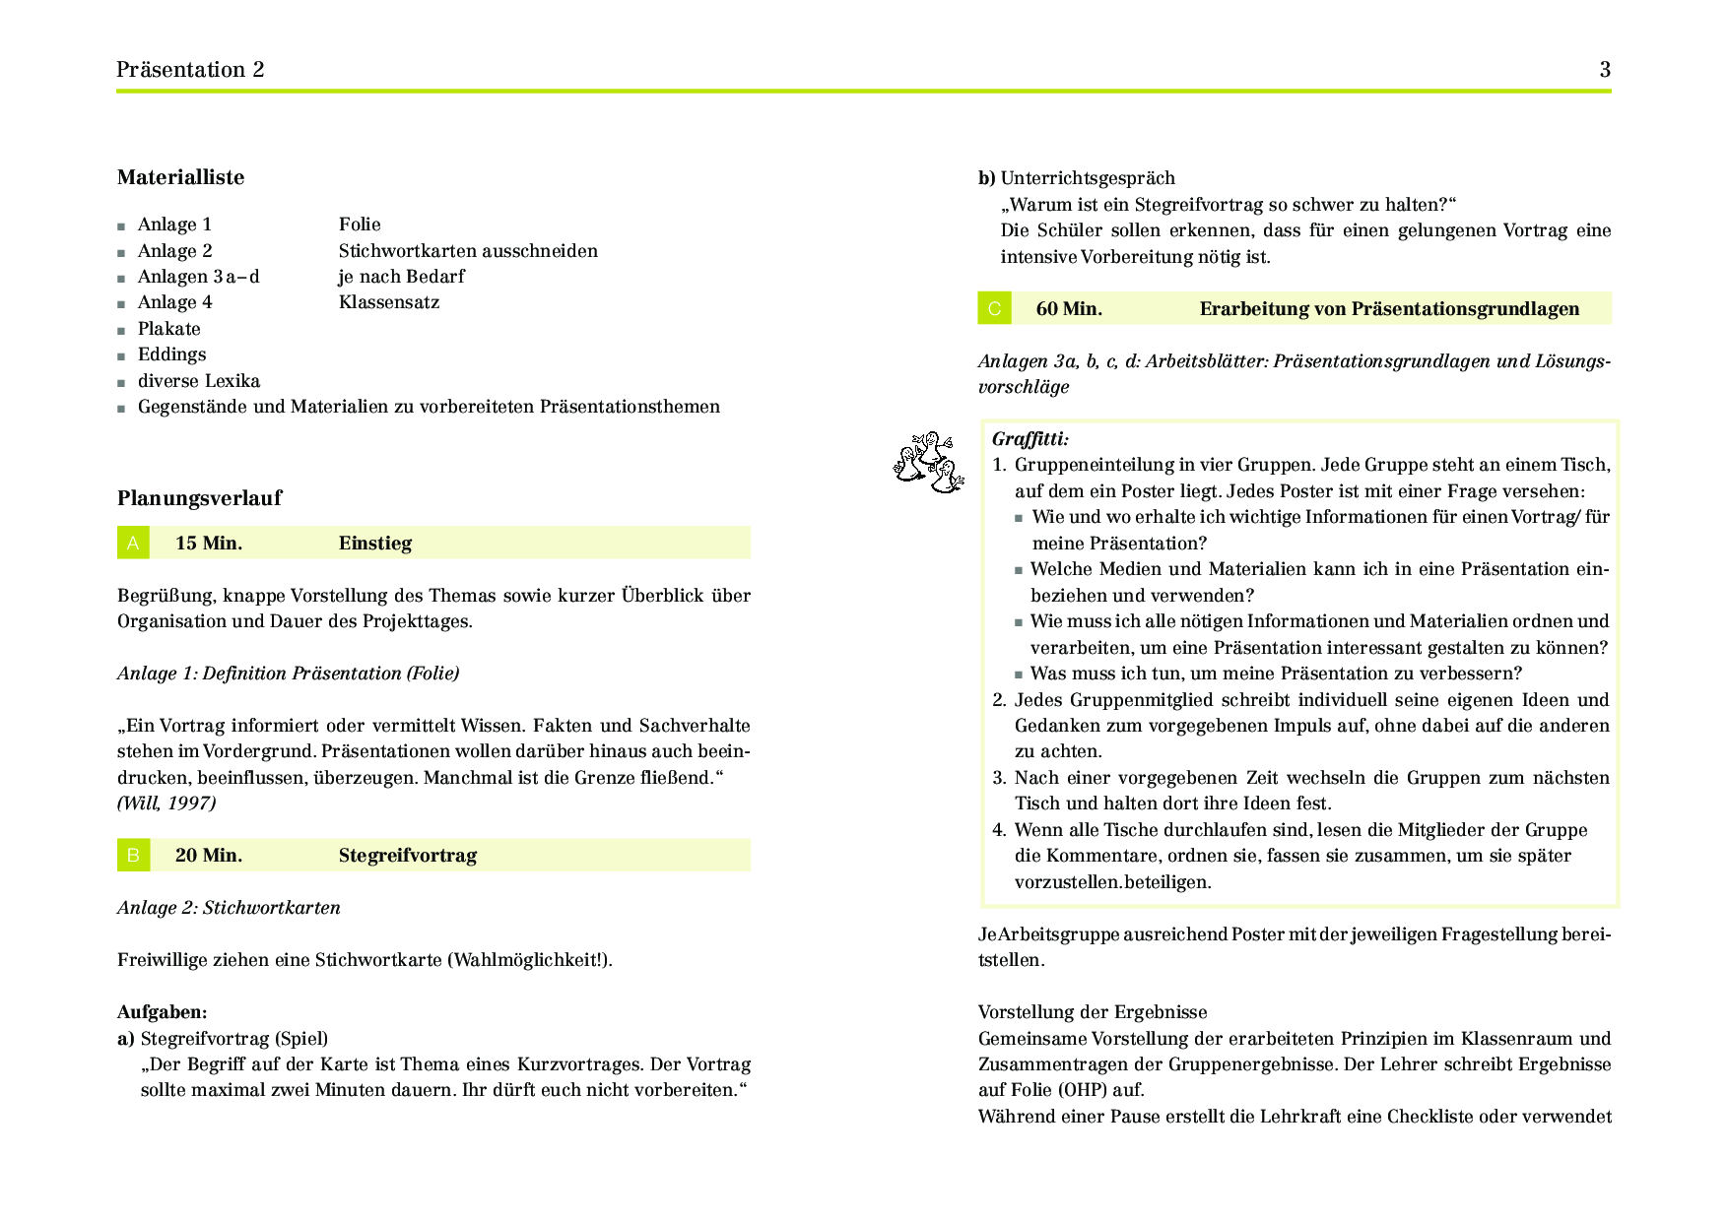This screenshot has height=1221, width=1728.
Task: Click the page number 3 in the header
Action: pyautogui.click(x=1605, y=70)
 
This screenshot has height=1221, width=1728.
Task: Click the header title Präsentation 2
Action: pyautogui.click(x=190, y=70)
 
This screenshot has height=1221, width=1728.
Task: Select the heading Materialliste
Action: pyautogui.click(x=180, y=177)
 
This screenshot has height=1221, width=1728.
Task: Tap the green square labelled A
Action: pyautogui.click(x=133, y=543)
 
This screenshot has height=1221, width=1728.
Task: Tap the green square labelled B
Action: pyautogui.click(x=133, y=855)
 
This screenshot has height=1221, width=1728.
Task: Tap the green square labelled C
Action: pyautogui.click(x=994, y=308)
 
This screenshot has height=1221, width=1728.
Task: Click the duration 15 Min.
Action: pyautogui.click(x=209, y=544)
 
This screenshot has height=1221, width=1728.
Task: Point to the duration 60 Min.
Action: pyautogui.click(x=1069, y=309)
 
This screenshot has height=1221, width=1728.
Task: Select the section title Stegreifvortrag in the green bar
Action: pyautogui.click(x=407, y=856)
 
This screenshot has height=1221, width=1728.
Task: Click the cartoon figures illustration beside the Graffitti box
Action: pyautogui.click(x=928, y=462)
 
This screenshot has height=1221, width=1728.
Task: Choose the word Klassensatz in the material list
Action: pyautogui.click(x=389, y=302)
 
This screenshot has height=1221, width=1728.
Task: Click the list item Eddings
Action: pyautogui.click(x=171, y=354)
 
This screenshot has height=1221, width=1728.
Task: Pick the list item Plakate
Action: pyautogui.click(x=168, y=329)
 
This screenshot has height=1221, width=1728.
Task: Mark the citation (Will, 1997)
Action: pyautogui.click(x=166, y=803)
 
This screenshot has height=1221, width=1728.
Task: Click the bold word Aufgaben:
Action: pyautogui.click(x=163, y=1012)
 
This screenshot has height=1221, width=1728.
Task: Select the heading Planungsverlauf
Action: pyautogui.click(x=199, y=498)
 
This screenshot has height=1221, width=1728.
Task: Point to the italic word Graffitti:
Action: pyautogui.click(x=1030, y=439)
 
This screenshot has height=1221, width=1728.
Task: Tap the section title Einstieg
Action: pyautogui.click(x=375, y=544)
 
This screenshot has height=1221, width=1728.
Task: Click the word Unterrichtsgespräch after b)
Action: pyautogui.click(x=1088, y=178)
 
